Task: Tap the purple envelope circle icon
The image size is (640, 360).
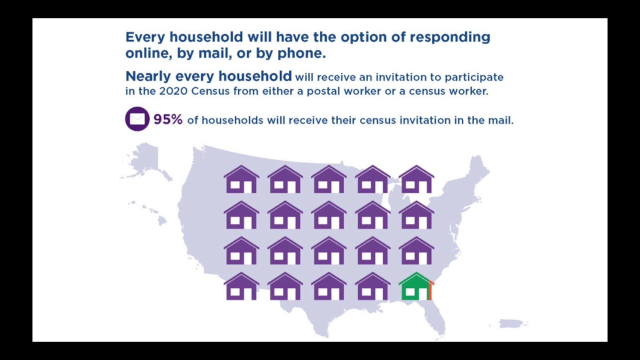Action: (137, 119)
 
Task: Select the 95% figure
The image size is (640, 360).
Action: (168, 119)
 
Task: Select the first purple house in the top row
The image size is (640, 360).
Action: (241, 179)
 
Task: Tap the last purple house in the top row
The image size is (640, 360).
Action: (416, 179)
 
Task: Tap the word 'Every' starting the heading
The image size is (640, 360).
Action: (145, 37)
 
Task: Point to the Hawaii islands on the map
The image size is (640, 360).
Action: (150, 212)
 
